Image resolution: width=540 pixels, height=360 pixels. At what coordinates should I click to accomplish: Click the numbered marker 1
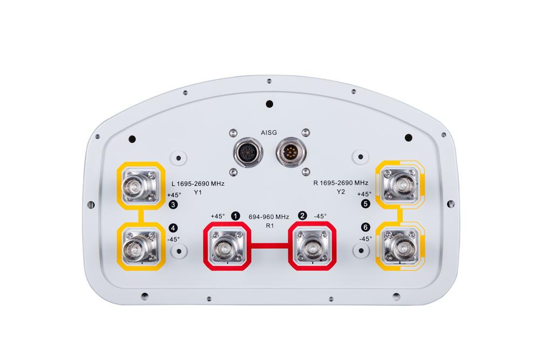235,216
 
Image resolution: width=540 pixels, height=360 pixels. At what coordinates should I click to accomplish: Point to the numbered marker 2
303,216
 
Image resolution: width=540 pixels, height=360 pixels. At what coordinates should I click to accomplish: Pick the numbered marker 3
173,205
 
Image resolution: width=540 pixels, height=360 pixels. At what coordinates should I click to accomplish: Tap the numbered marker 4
173,228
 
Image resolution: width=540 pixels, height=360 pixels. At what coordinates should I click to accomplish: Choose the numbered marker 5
366,205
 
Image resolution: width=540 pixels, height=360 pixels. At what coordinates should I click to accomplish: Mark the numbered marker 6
366,228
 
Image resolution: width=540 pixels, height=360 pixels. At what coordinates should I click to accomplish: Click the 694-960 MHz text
269,216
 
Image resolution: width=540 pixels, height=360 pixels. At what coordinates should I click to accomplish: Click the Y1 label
198,193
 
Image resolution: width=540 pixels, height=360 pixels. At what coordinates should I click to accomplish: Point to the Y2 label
341,192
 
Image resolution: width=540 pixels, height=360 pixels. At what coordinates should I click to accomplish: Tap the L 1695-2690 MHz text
197,184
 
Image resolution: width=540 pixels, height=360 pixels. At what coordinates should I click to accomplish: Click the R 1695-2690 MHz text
341,183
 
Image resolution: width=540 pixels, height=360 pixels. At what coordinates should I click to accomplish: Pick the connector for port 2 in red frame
313,249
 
